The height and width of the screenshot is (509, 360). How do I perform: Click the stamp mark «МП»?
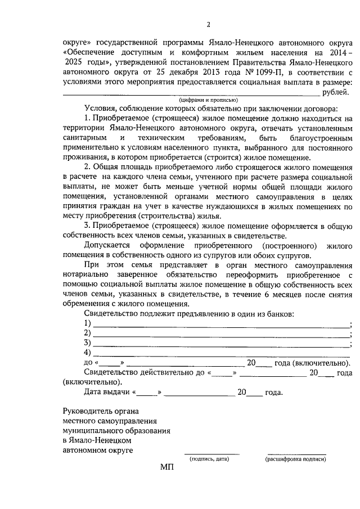(x=168, y=467)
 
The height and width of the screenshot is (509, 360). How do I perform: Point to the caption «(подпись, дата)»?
(x=209, y=459)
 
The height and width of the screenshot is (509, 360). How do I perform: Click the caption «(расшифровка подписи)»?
(x=295, y=459)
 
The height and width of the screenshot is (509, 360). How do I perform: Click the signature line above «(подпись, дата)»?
(x=212, y=453)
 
